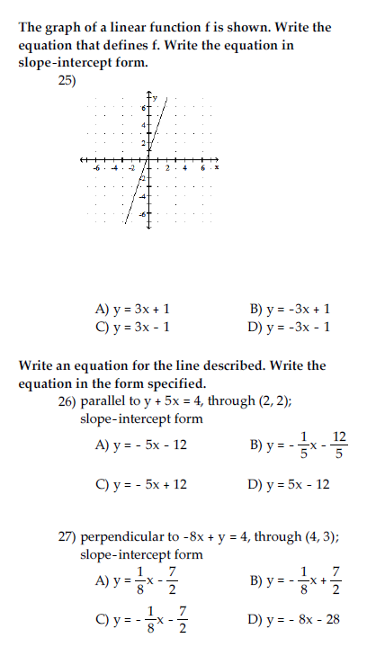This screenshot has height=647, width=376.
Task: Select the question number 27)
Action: click(x=67, y=538)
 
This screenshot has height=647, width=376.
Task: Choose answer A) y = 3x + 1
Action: click(x=134, y=310)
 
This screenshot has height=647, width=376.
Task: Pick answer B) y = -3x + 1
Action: click(x=290, y=310)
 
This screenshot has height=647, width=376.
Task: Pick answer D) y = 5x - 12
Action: click(x=289, y=484)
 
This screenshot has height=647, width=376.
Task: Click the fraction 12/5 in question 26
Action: click(x=338, y=445)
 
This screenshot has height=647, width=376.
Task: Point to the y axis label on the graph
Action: click(x=155, y=96)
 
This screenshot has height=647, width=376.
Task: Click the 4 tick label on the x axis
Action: click(x=184, y=166)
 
